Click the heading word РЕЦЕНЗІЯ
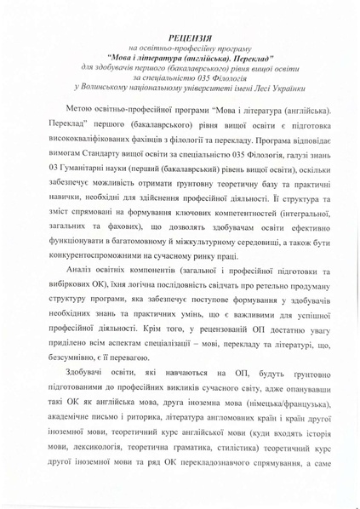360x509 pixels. coord(179,37)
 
